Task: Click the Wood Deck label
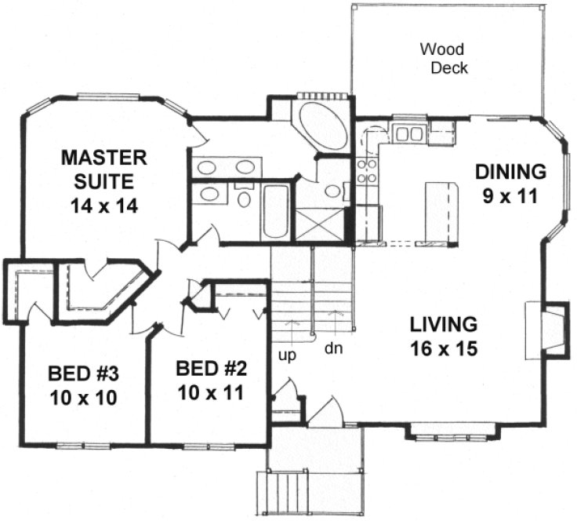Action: [444, 59]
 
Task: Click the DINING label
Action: [510, 171]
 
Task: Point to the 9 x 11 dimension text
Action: [510, 195]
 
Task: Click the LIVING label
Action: [443, 323]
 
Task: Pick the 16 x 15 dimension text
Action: [443, 348]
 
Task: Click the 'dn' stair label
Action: [333, 346]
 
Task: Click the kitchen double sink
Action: [408, 133]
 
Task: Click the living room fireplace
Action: [549, 328]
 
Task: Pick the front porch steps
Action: [281, 491]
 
